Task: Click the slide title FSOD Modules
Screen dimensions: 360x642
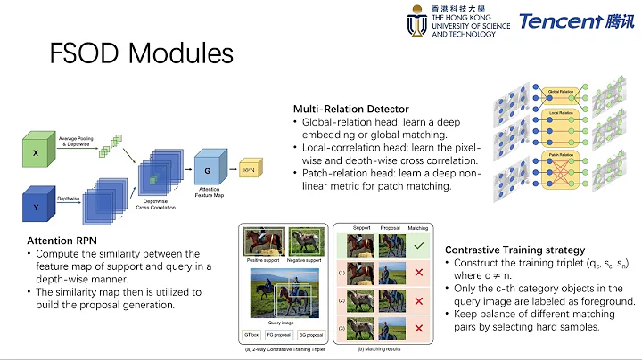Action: (141, 53)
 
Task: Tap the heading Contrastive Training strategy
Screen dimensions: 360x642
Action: (514, 250)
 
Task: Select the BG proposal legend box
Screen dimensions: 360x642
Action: (309, 335)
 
